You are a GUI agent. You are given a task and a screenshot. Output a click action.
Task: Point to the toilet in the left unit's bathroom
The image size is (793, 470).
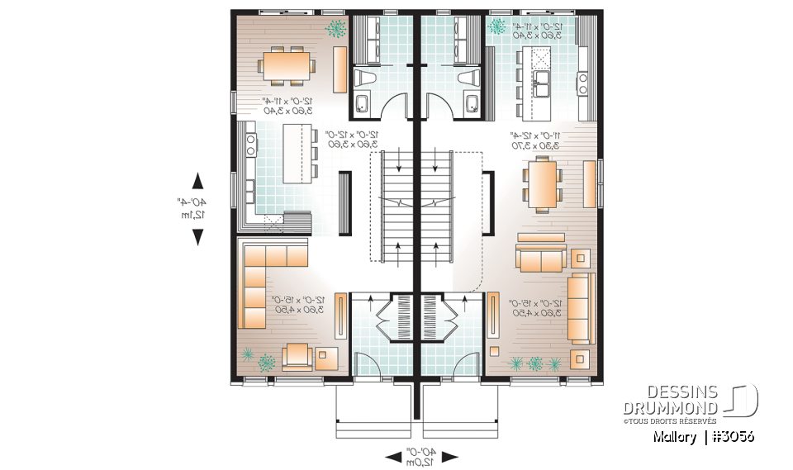pyautogui.click(x=364, y=78)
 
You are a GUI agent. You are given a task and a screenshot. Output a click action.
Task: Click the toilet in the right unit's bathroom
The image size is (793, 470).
pyautogui.click(x=467, y=78)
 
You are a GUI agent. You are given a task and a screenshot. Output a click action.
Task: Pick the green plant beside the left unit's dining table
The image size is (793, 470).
pyautogui.click(x=335, y=29)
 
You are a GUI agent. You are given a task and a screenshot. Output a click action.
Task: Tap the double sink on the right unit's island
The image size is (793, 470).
pyautogui.click(x=543, y=80)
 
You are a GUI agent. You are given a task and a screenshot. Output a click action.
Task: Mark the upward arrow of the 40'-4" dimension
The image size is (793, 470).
pyautogui.click(x=197, y=181)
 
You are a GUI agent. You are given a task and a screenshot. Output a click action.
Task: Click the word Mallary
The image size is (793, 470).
pyautogui.click(x=672, y=437)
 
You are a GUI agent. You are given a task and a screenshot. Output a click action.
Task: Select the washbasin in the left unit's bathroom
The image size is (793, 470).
pyautogui.click(x=361, y=104)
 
